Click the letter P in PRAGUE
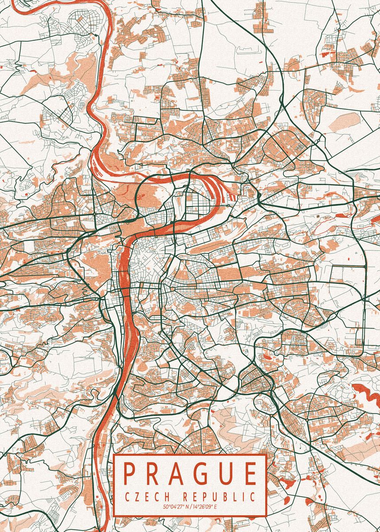(129, 473)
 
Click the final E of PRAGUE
(250, 473)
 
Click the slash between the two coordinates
(191, 506)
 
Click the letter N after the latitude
(187, 506)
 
